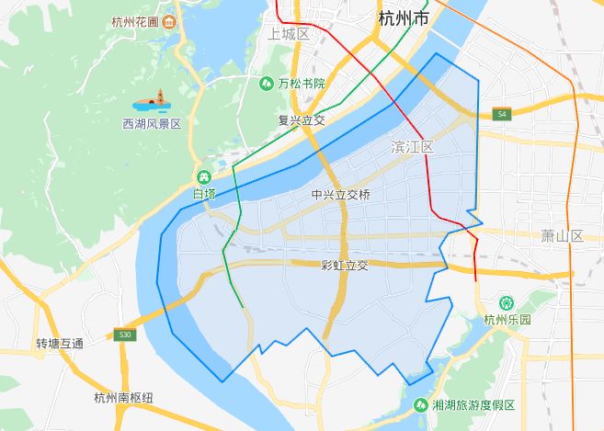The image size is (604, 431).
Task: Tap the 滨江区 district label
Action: point(411,147)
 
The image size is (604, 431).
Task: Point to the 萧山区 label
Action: point(562,236)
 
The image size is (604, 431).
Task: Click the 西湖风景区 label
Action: point(153,123)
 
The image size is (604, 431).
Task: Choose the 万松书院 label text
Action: point(302,84)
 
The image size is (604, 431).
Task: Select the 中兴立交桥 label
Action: point(341,195)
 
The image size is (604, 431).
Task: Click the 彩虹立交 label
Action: point(344,266)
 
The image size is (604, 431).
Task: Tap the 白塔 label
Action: point(204,194)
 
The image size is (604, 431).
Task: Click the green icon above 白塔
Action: point(204,176)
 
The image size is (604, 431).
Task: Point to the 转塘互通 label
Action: point(60,344)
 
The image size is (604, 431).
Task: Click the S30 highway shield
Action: point(126,335)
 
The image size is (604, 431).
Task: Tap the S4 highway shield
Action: point(500,115)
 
